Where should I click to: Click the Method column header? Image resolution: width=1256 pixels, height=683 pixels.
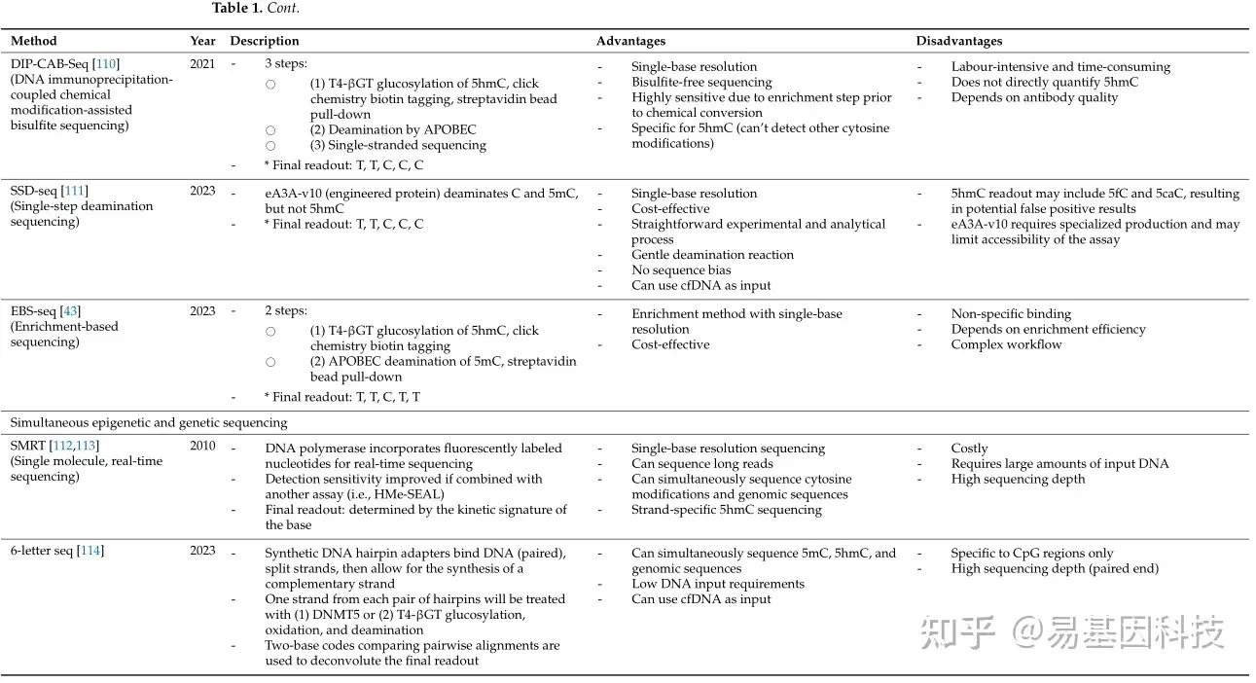34,41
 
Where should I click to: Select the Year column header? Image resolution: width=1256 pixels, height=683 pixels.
202,41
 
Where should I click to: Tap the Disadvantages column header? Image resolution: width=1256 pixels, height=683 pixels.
958,41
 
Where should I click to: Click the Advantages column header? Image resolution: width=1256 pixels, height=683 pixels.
630,41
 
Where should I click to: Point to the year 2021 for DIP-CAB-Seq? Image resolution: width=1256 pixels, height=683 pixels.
202,64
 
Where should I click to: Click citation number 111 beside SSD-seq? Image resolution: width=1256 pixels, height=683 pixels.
75,191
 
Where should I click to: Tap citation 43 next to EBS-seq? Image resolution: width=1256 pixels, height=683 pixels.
70,311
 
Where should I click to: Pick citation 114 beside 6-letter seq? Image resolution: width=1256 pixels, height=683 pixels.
90,551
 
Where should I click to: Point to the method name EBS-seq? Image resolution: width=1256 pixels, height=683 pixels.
33,311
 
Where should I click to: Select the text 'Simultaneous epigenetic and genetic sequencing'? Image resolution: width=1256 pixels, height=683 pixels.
149,422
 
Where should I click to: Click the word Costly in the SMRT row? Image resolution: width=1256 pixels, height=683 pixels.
969,449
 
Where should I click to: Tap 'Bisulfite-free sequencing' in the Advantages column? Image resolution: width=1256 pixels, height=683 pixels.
701,83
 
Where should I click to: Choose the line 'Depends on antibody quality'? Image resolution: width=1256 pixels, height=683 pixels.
1034,97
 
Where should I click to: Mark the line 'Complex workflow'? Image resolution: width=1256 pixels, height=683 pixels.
1006,344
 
